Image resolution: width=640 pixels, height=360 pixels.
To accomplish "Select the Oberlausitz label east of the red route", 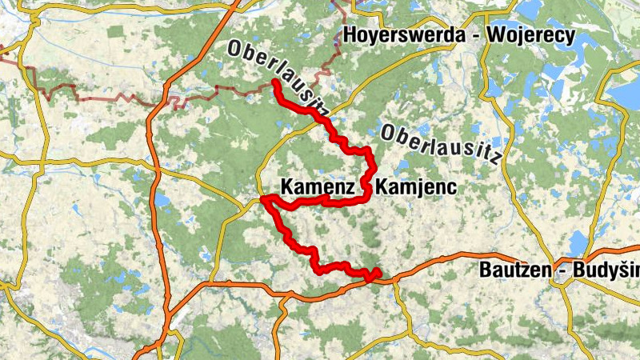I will tap(441, 145).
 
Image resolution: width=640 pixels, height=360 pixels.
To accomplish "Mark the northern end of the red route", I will tap(275, 82).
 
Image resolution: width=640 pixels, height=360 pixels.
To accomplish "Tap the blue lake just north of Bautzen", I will tap(578, 241).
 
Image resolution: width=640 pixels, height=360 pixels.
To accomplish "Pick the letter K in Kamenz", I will tap(286, 186).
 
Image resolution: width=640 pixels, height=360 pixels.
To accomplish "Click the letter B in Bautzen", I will tap(485, 270).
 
